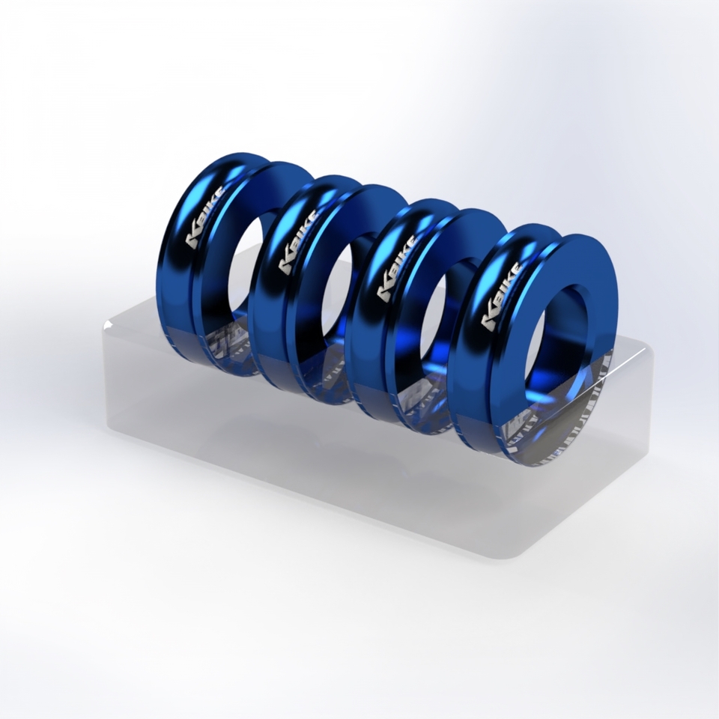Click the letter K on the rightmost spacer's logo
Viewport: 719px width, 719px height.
click(x=489, y=321)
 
